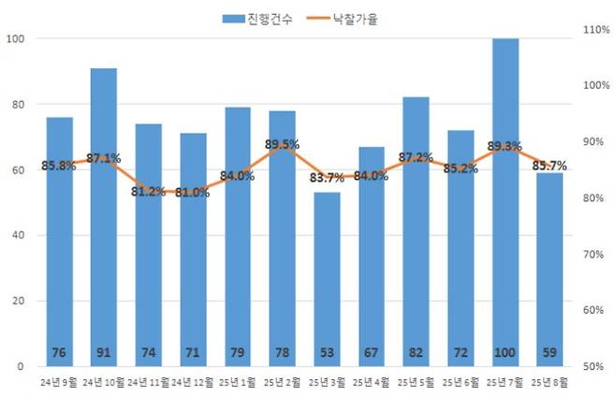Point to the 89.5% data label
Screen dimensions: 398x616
click(x=282, y=144)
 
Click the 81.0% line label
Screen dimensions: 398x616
click(x=193, y=193)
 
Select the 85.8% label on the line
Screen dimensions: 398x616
click(x=59, y=166)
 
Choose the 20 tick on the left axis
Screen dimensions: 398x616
click(x=17, y=301)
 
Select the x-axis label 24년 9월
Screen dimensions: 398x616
click(x=60, y=383)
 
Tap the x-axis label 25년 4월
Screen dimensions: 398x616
click(x=372, y=383)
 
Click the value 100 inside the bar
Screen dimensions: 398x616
click(x=506, y=352)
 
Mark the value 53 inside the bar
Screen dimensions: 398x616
click(x=327, y=352)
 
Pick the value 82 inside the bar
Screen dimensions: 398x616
click(x=417, y=352)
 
